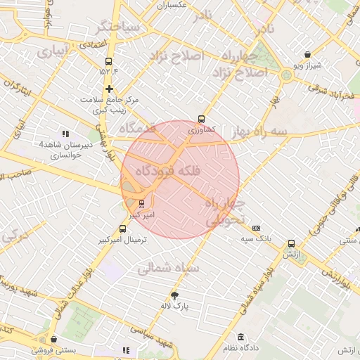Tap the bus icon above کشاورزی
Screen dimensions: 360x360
click(x=202, y=119)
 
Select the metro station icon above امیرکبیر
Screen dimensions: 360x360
click(x=143, y=204)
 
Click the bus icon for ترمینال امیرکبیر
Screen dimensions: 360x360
click(x=123, y=229)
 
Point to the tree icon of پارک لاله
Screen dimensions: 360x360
click(x=175, y=295)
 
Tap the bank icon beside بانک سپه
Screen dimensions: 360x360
click(x=256, y=228)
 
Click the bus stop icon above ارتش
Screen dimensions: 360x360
click(x=291, y=244)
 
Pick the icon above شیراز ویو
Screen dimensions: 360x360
click(x=307, y=54)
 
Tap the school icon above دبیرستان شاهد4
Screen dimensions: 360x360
click(x=65, y=134)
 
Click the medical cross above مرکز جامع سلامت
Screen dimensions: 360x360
click(x=109, y=89)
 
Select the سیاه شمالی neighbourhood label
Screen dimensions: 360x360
click(x=167, y=267)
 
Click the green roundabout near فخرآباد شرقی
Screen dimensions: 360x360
click(x=286, y=75)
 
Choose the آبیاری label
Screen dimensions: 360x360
click(x=53, y=51)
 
